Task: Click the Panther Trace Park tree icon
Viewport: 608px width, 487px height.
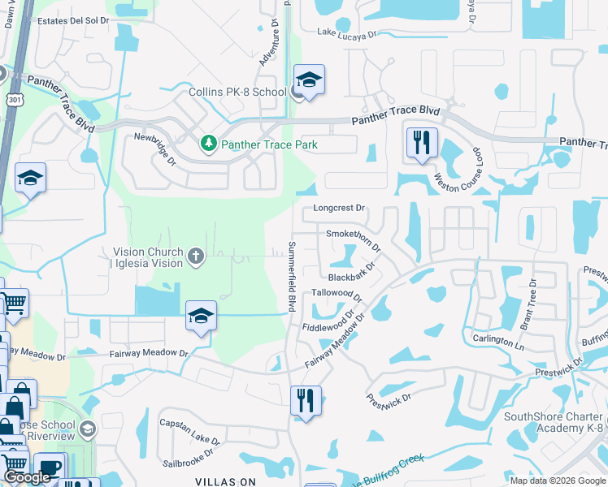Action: pyautogui.click(x=209, y=144)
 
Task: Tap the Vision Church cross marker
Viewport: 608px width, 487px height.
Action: pyautogui.click(x=195, y=257)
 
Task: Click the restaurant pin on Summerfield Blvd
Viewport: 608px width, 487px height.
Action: pyautogui.click(x=306, y=400)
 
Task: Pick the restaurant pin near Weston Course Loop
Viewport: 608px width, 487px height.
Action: pyautogui.click(x=422, y=142)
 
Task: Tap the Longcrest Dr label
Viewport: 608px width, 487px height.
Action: pyautogui.click(x=340, y=208)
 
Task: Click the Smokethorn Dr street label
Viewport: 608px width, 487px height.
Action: pyautogui.click(x=354, y=235)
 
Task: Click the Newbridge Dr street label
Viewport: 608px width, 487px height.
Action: pyautogui.click(x=155, y=149)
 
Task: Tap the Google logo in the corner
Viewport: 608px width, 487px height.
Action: pyautogui.click(x=27, y=478)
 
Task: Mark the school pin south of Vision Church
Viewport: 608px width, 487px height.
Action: pyautogui.click(x=201, y=317)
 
